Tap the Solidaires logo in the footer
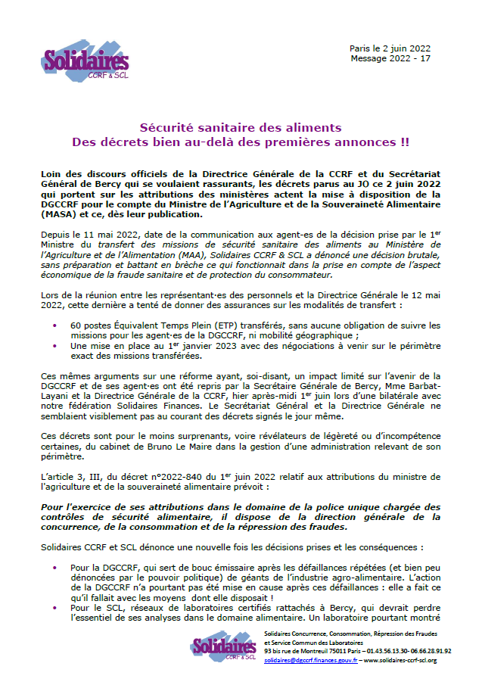click(223, 647)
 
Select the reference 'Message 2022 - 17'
click(391, 58)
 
